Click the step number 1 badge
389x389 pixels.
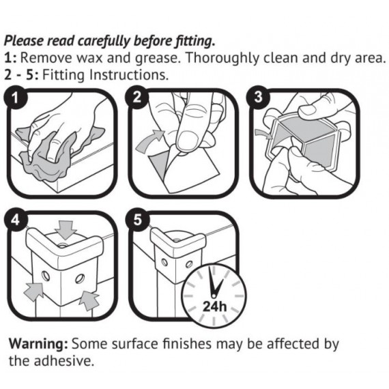pos(16,98)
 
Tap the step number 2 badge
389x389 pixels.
pos(137,97)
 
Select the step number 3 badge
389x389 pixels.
pos(258,97)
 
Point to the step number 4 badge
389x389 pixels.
pos(16,220)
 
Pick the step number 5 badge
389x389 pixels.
pos(138,220)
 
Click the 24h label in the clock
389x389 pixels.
pos(215,306)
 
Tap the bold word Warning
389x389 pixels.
pos(38,344)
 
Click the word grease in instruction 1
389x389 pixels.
pos(157,59)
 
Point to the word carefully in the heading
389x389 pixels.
pos(104,41)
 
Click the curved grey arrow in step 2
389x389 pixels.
pos(149,141)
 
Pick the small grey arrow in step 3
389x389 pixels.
pos(264,134)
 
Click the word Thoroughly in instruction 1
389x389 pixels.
pos(222,59)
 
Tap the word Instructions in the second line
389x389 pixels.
pos(129,75)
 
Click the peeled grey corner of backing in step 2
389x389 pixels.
pos(159,164)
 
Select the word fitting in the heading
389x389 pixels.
pos(194,41)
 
